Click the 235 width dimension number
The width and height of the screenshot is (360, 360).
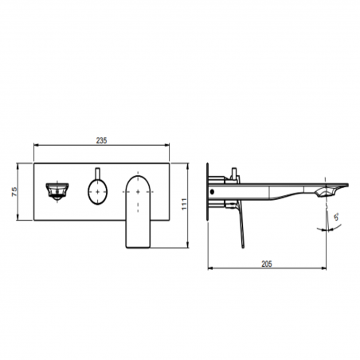[102, 139]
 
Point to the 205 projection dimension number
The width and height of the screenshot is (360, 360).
[268, 264]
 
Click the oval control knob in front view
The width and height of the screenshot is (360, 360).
[96, 191]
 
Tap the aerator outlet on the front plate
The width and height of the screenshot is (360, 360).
[55, 190]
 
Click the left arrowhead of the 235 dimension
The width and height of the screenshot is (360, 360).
[35, 146]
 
